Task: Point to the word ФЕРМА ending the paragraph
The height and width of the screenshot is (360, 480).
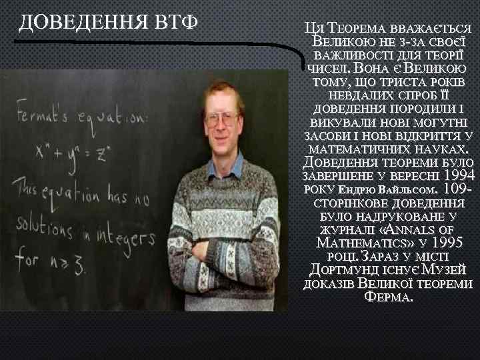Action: tap(389, 297)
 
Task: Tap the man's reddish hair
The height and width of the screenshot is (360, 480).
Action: tap(223, 90)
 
